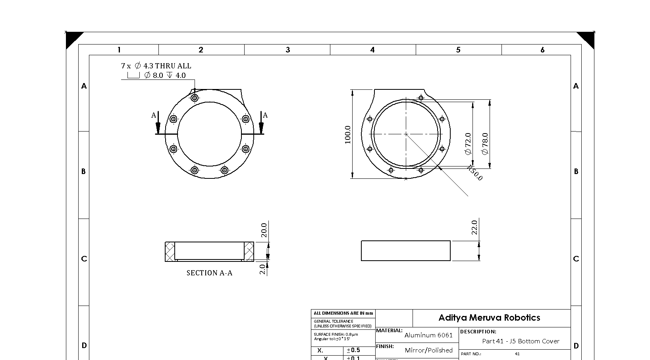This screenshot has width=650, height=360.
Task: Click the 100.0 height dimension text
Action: point(348,135)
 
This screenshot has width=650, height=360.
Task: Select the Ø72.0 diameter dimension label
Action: point(468,143)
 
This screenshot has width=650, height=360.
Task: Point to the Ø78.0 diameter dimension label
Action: point(485,143)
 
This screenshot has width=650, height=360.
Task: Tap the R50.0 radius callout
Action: point(474,173)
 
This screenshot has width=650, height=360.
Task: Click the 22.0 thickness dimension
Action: point(474,227)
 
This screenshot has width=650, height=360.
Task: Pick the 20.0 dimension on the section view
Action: point(264,230)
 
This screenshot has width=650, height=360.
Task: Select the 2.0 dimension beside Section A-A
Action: point(262,269)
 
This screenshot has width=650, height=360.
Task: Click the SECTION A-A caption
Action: point(209,273)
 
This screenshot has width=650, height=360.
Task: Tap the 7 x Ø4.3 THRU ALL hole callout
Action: point(156,66)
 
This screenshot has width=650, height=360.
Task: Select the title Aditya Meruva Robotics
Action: point(489,317)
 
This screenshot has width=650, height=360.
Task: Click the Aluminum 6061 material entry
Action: point(428,335)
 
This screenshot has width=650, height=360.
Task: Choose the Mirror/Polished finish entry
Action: point(428,350)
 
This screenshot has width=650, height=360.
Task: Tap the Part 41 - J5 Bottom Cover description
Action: point(521,341)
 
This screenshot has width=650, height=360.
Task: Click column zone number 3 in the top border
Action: point(288,50)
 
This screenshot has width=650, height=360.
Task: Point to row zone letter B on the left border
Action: point(83,171)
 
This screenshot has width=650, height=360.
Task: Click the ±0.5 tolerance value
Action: point(353,350)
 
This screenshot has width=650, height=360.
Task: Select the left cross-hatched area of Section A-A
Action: point(170,252)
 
